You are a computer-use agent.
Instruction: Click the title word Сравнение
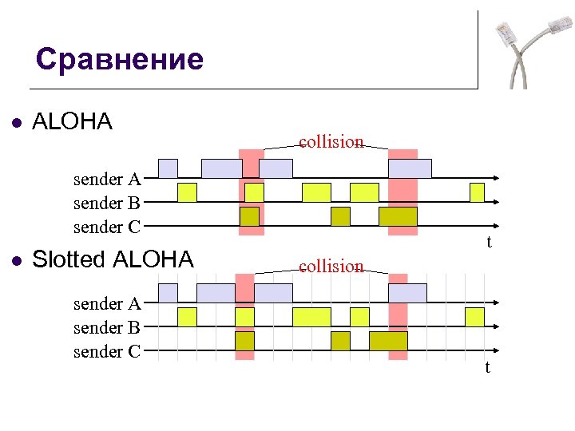click(120, 60)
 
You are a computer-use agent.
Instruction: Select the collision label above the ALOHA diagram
click(331, 142)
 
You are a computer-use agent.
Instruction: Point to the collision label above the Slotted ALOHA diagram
click(331, 266)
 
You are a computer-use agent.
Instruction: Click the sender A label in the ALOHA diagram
click(107, 180)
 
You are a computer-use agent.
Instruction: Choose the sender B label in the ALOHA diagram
click(107, 203)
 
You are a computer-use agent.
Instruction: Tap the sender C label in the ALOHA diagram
click(107, 227)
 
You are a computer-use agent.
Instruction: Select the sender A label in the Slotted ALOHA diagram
click(107, 304)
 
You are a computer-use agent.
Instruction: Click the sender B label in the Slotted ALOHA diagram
click(107, 327)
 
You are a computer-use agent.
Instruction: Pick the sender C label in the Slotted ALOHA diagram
click(107, 351)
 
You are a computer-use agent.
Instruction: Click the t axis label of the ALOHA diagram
click(489, 242)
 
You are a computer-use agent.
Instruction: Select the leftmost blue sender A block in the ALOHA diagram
click(168, 168)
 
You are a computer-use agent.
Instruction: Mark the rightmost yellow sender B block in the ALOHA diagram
click(477, 192)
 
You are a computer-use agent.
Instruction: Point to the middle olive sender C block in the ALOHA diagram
click(341, 216)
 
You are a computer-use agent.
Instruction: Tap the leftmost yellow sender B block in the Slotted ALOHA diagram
click(187, 317)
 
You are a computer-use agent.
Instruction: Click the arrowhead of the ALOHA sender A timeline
click(497, 179)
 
